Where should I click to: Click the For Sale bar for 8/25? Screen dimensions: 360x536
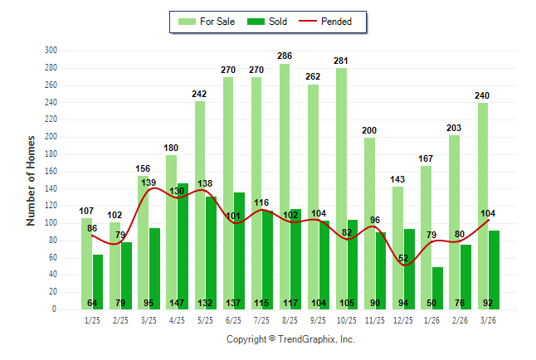(x=285, y=166)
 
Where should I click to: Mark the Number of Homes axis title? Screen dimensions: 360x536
(x=31, y=180)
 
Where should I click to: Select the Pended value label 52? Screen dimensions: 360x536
(x=404, y=259)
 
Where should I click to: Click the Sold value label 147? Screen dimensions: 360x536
(x=178, y=303)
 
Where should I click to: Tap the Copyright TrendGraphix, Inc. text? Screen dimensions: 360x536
(x=290, y=339)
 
